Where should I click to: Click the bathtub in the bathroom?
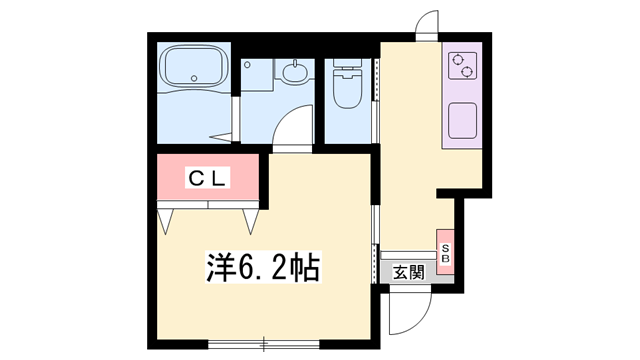(193, 69)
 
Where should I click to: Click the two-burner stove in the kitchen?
(463, 66)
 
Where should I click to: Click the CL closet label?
(211, 179)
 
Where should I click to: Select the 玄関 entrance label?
(408, 271)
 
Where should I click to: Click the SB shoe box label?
(446, 253)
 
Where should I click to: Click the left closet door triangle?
(166, 221)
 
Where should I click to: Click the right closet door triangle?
(250, 221)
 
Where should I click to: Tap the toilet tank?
(348, 71)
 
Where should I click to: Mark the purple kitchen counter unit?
(463, 95)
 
